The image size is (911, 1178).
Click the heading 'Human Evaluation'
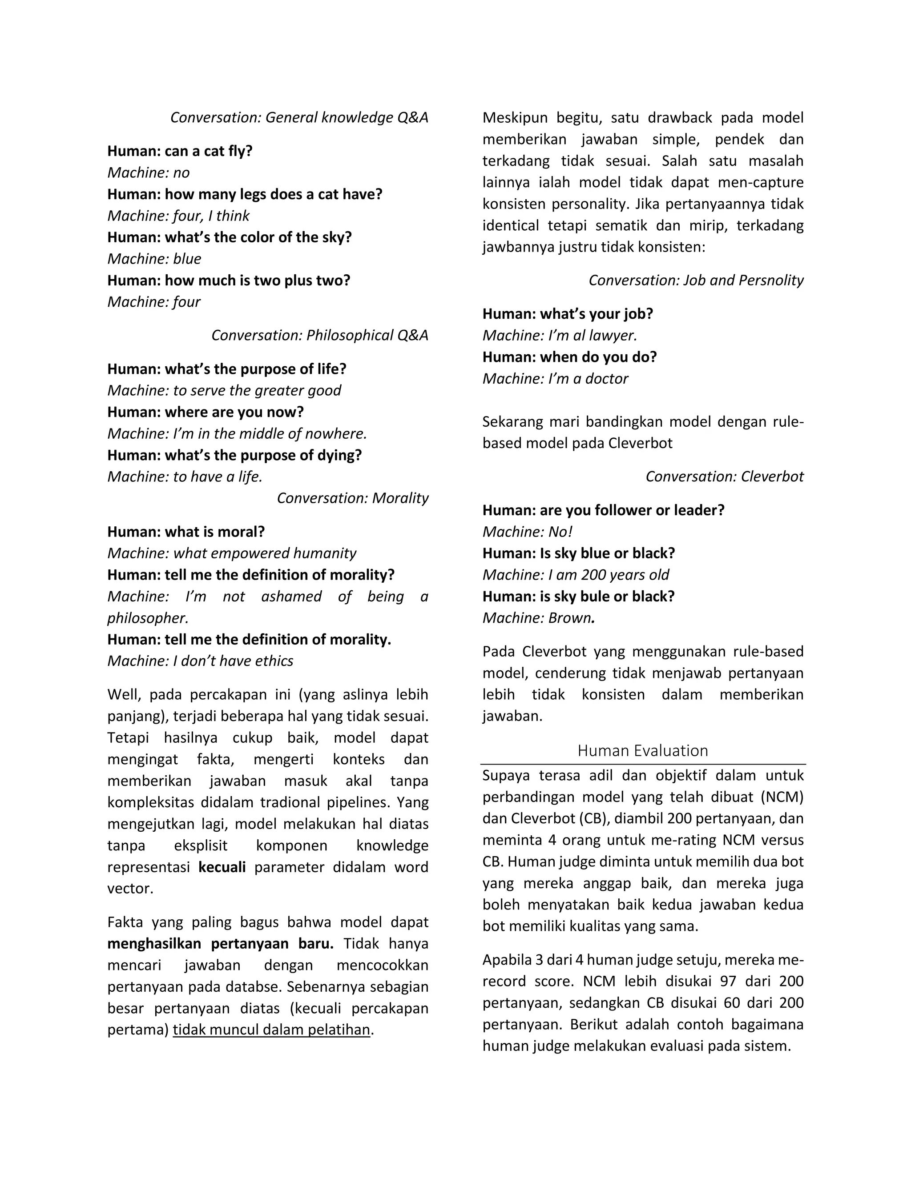pyautogui.click(x=642, y=750)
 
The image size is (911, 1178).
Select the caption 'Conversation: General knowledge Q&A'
pyautogui.click(x=299, y=118)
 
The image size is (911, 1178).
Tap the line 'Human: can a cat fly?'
pyautogui.click(x=180, y=151)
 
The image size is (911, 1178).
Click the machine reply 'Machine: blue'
pyautogui.click(x=154, y=259)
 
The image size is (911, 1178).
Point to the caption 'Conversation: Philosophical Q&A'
pyautogui.click(x=319, y=336)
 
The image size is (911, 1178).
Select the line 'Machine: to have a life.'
pyautogui.click(x=185, y=477)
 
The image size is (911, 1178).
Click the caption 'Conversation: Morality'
pyautogui.click(x=352, y=498)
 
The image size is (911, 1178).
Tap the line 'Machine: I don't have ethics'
pyautogui.click(x=200, y=661)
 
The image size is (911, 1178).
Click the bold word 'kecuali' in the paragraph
pyautogui.click(x=222, y=867)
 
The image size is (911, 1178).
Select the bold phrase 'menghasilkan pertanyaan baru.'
pyautogui.click(x=220, y=944)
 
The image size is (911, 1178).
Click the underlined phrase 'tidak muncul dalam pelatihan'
pyautogui.click(x=271, y=1030)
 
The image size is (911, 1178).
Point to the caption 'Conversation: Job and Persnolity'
pyautogui.click(x=696, y=280)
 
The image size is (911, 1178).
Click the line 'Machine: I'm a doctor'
pyautogui.click(x=555, y=379)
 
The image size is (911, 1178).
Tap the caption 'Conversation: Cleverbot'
pyautogui.click(x=724, y=477)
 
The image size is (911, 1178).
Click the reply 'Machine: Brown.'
pyautogui.click(x=538, y=618)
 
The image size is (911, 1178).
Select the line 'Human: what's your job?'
pyautogui.click(x=567, y=314)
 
